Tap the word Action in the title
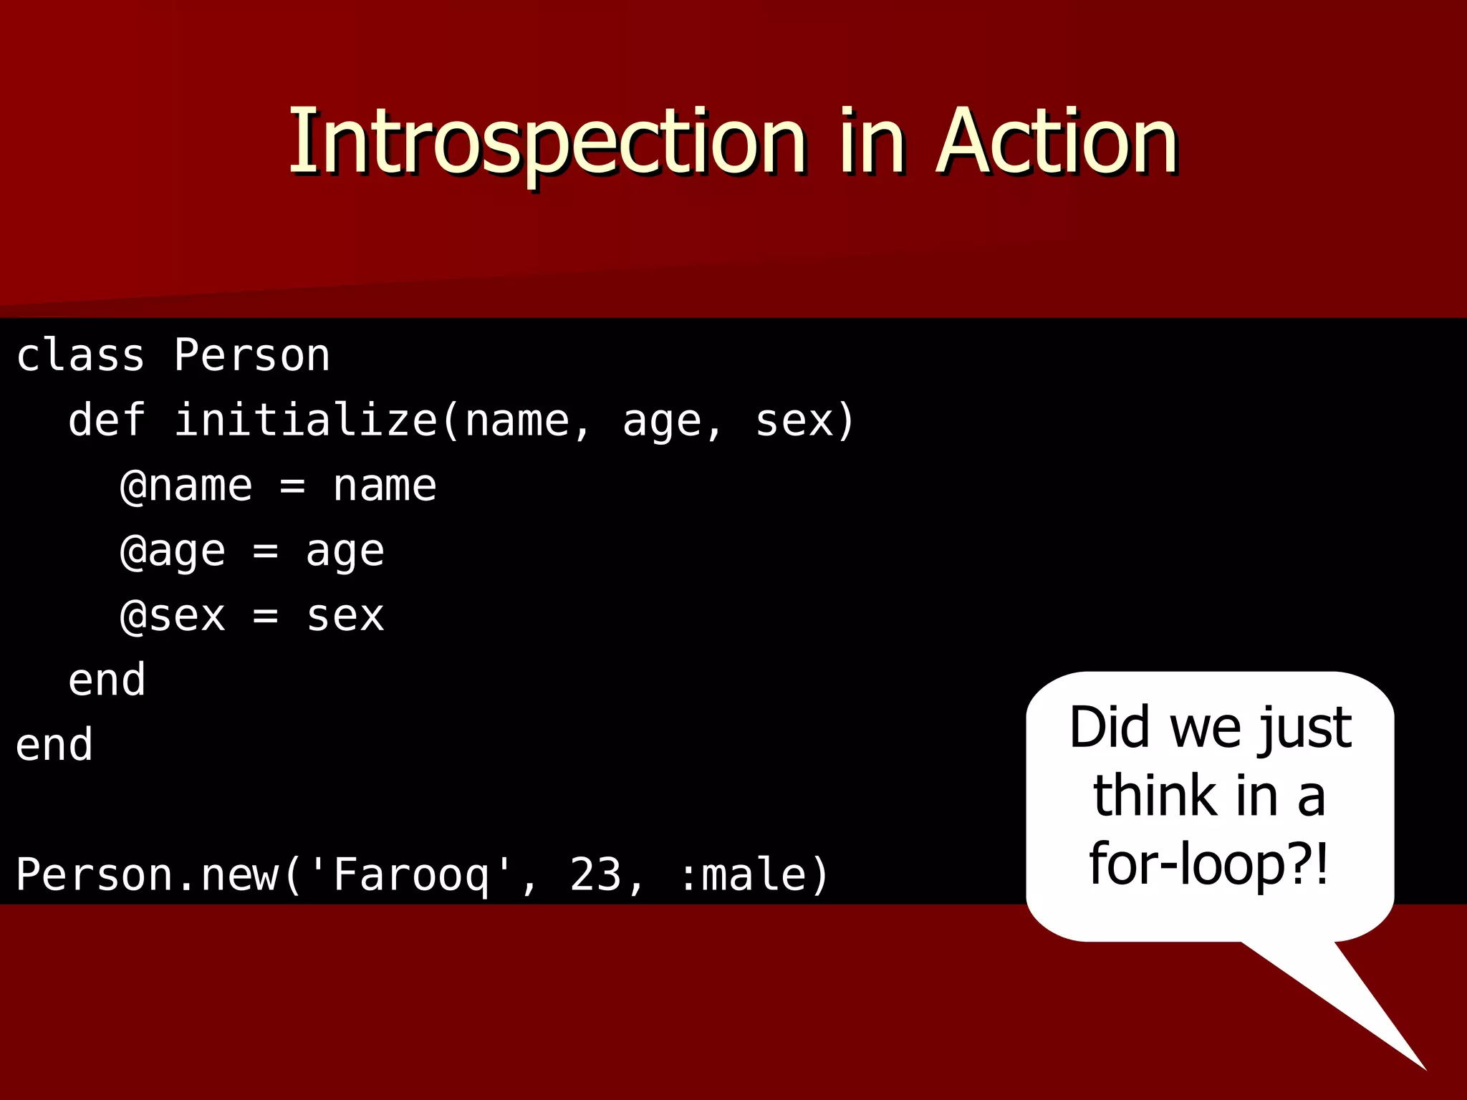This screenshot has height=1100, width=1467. [1057, 141]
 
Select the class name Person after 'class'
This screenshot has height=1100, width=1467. [251, 355]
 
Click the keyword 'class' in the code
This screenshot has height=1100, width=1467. [80, 355]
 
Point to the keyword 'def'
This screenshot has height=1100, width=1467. [107, 420]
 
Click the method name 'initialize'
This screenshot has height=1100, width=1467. [305, 420]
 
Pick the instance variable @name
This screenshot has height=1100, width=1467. [186, 486]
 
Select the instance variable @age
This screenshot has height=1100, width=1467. [173, 551]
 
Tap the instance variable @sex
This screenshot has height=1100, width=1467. [173, 616]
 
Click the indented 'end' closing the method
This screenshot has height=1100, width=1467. [107, 680]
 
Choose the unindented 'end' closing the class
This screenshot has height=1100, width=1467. [54, 745]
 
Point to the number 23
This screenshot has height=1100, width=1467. [595, 875]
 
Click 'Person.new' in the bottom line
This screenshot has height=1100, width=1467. [147, 875]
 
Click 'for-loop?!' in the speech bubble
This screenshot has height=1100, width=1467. [1209, 864]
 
